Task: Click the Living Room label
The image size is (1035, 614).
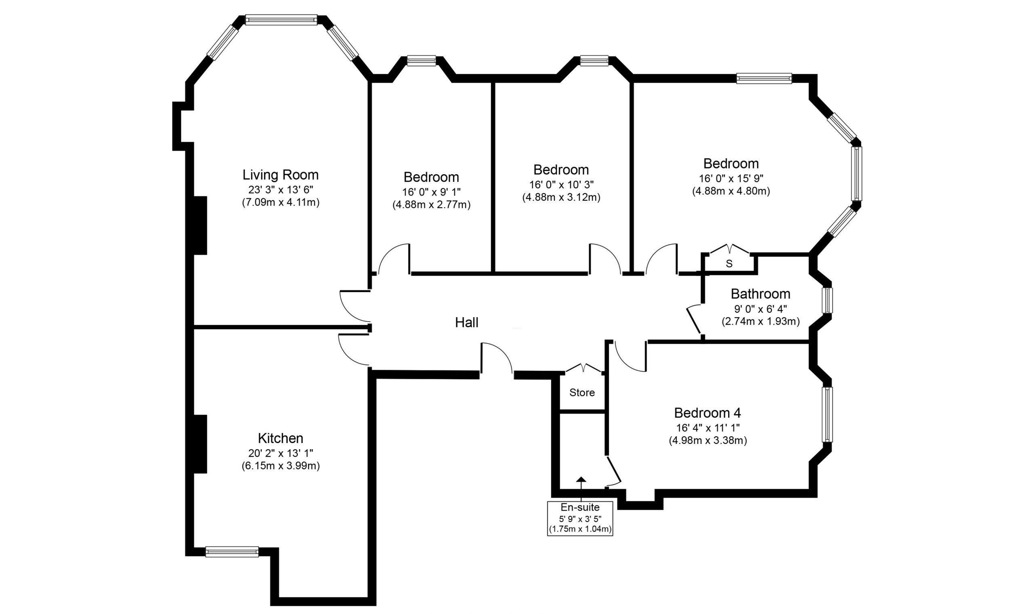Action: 280,175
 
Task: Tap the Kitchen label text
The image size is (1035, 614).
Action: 280,438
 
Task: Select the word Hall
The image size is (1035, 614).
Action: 467,323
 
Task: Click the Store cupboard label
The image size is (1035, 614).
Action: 582,393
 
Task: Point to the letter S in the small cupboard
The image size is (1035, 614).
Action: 729,263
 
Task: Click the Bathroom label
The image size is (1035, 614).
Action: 760,294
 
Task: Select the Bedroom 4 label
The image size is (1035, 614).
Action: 708,413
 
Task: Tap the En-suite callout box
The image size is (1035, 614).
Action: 580,518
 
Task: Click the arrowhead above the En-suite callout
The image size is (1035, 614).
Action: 581,479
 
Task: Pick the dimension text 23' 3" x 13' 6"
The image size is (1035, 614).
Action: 280,189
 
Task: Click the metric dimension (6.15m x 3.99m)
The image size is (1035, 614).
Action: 280,466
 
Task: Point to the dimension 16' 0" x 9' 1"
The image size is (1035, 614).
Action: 431,192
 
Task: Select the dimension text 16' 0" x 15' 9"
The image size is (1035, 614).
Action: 731,178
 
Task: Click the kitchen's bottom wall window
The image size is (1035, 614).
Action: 232,551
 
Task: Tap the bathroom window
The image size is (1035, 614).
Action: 827,301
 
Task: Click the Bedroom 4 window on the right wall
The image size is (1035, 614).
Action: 827,414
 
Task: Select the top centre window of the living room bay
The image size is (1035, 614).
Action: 281,20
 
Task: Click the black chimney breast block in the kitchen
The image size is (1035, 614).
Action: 201,444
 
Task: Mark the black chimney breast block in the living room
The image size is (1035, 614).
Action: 201,225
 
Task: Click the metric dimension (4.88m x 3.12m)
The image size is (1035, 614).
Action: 561,198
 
